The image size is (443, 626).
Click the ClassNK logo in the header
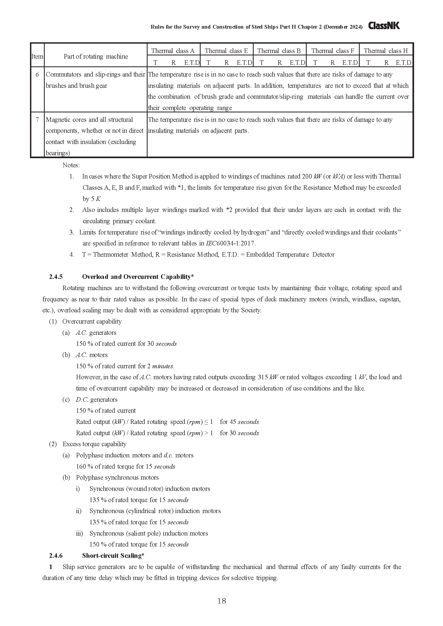click(384, 26)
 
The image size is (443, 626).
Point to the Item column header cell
click(37, 56)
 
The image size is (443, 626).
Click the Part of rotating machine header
click(96, 56)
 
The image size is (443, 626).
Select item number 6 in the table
click(37, 74)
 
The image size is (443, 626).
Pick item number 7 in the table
click(37, 119)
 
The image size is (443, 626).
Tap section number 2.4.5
click(56, 277)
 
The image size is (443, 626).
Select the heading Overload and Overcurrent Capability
click(138, 277)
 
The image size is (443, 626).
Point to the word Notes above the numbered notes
click(71, 165)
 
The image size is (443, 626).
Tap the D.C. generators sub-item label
click(97, 399)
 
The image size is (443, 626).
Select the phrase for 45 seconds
click(239, 422)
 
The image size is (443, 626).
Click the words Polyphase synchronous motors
click(117, 477)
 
